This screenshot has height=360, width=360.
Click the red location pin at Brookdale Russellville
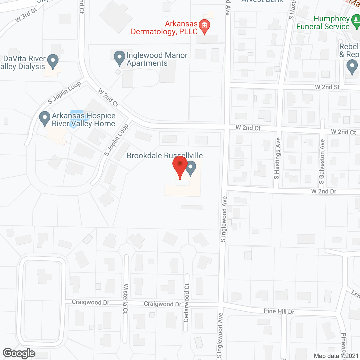180,167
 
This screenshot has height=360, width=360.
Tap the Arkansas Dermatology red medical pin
204,26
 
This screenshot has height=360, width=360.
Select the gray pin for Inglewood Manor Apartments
120,58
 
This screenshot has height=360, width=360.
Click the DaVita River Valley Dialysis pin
53,62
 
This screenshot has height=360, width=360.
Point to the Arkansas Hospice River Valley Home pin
44,119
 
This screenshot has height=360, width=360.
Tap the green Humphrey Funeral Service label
323,23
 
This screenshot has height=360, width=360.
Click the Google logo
19,353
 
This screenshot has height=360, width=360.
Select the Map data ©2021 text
336,356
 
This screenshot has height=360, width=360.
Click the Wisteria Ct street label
125,299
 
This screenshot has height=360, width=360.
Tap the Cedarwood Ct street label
186,303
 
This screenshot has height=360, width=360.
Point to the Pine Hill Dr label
279,311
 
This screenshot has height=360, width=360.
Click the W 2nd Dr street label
324,191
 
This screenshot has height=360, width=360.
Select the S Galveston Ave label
322,162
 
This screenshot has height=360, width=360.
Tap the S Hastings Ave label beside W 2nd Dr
278,158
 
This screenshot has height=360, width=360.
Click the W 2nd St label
327,87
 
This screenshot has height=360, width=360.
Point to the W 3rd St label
26,15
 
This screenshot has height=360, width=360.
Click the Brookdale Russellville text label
165,156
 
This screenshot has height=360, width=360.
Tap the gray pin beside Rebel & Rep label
352,68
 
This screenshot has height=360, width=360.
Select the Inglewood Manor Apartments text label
157,59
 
